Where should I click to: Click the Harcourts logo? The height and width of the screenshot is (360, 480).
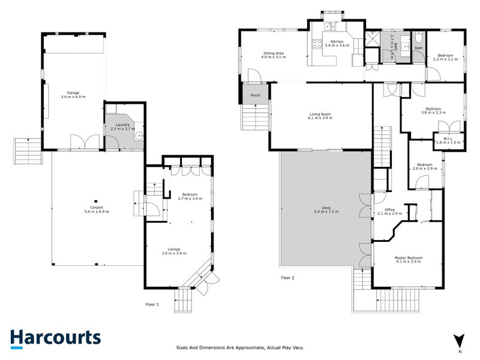(x=55, y=338)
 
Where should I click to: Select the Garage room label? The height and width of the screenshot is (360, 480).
(x=73, y=92)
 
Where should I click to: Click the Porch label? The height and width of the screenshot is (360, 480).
(x=256, y=95)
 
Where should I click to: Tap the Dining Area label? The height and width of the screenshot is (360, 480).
(x=274, y=53)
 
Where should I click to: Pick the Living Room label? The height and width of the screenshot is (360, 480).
(x=320, y=114)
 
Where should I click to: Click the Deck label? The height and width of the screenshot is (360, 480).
(x=323, y=208)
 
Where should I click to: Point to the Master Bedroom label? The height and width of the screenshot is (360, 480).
(x=409, y=258)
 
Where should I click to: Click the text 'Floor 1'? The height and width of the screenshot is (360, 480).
(x=152, y=304)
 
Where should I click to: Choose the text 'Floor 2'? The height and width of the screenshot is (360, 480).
(x=288, y=277)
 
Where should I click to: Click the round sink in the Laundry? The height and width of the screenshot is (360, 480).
(x=139, y=136)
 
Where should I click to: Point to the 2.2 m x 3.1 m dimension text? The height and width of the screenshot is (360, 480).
(x=445, y=59)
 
